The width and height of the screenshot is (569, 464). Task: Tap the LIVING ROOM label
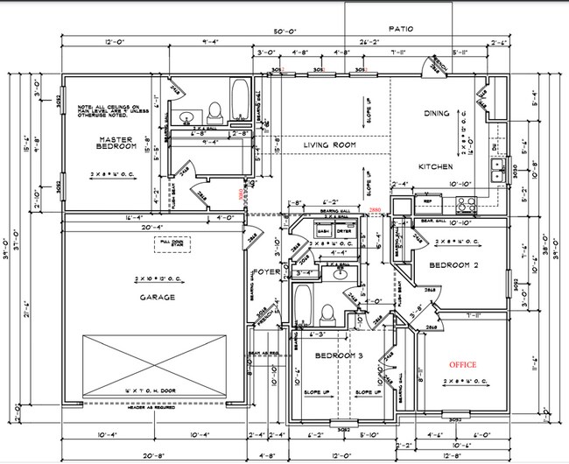tap(328, 144)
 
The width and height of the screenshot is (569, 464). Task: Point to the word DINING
tap(436, 113)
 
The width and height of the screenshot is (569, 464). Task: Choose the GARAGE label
tap(155, 298)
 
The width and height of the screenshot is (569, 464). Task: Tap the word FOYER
tap(266, 271)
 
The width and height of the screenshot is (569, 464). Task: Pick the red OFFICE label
tap(463, 363)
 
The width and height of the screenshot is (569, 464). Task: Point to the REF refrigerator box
tap(427, 202)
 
